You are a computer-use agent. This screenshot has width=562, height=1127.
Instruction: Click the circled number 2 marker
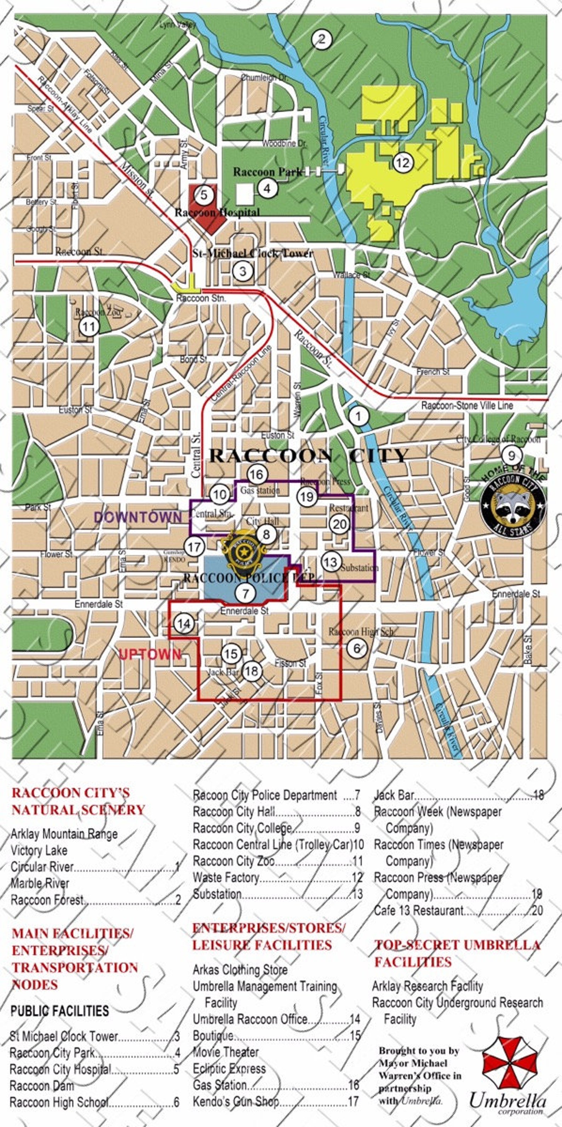pyautogui.click(x=322, y=39)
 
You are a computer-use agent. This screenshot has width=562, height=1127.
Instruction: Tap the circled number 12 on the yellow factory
pyautogui.click(x=402, y=163)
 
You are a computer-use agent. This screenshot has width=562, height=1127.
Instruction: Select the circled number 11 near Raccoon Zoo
pyautogui.click(x=89, y=326)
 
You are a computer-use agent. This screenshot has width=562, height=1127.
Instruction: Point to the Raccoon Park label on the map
pyautogui.click(x=267, y=172)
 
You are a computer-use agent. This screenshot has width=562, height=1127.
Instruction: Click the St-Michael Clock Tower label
pyautogui.click(x=253, y=253)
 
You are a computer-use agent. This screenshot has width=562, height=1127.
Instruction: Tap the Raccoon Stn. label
pyautogui.click(x=201, y=298)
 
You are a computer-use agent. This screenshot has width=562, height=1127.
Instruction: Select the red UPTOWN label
pyautogui.click(x=150, y=655)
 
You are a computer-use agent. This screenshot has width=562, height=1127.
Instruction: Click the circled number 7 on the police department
pyautogui.click(x=245, y=593)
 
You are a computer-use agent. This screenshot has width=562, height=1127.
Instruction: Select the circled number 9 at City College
pyautogui.click(x=511, y=456)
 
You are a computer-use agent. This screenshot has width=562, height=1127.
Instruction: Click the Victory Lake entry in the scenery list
pyautogui.click(x=39, y=850)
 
